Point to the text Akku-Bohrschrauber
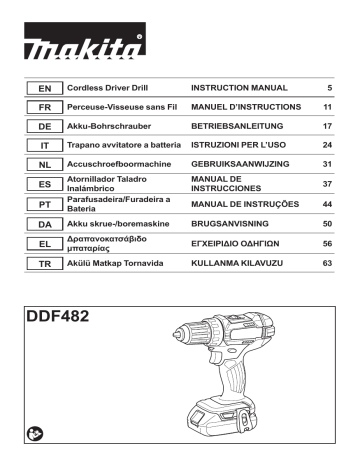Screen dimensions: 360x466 109,124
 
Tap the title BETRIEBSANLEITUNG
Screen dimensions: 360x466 239,124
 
